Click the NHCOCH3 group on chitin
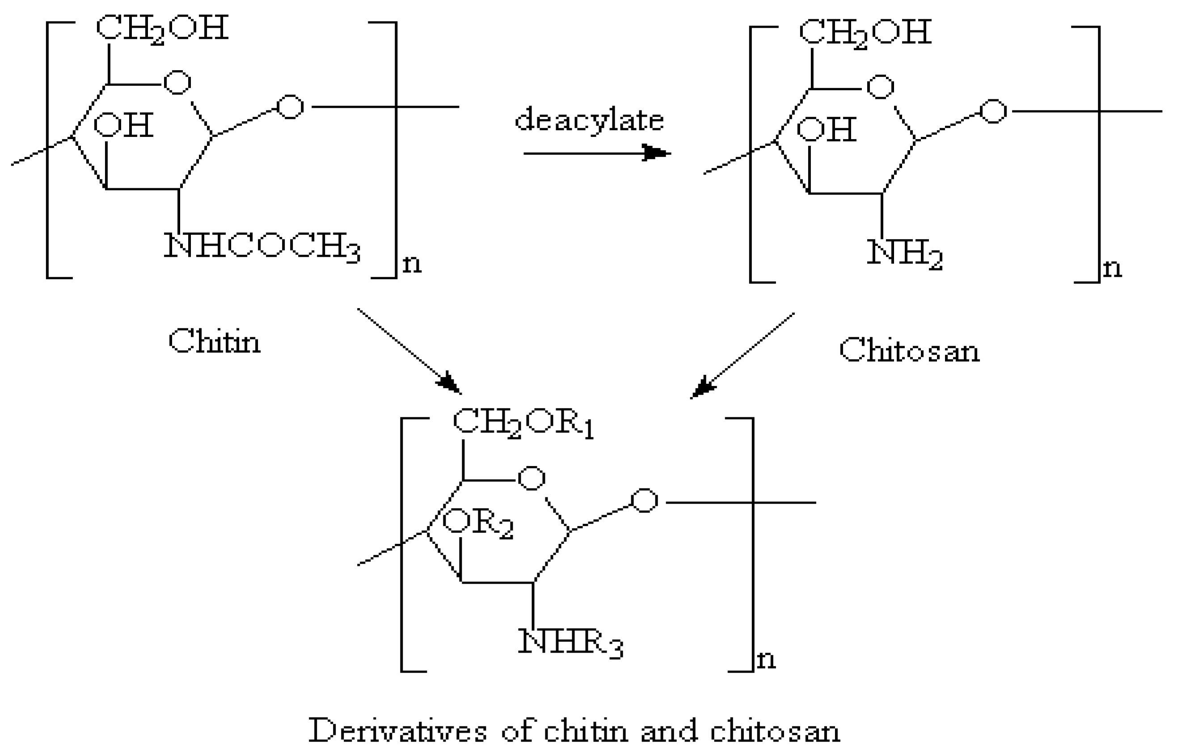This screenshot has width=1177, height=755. click(x=262, y=246)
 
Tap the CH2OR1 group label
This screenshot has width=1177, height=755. click(x=523, y=423)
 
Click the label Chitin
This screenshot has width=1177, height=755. click(x=214, y=341)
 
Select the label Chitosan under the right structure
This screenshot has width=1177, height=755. click(x=909, y=351)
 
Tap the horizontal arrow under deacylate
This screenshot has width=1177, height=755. click(x=596, y=153)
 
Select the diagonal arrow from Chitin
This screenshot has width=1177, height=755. click(x=409, y=351)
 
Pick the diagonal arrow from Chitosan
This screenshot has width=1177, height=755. click(x=742, y=356)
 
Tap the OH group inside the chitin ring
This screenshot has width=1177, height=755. click(x=123, y=125)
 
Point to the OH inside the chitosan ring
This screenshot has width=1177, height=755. click(x=827, y=129)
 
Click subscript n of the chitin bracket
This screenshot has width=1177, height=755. click(x=412, y=264)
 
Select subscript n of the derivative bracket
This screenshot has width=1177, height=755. click(x=766, y=660)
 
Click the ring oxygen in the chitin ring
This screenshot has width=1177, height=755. click(x=177, y=82)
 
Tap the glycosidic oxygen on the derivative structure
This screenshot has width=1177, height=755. click(x=644, y=501)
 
